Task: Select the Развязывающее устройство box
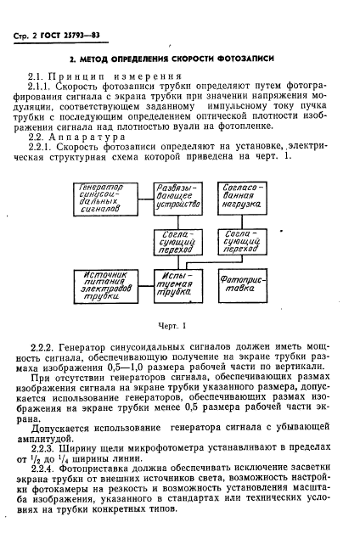point(177,197)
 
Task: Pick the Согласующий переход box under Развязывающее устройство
point(177,243)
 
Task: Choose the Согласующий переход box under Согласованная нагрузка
point(244,243)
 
